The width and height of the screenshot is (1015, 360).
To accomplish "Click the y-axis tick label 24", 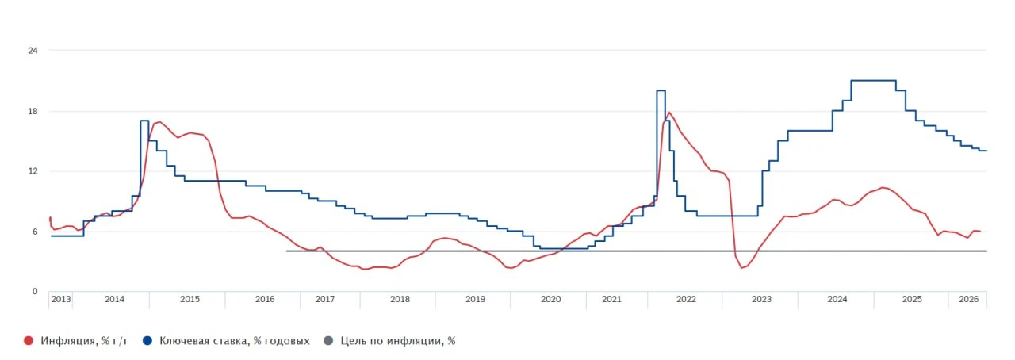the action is point(33,50).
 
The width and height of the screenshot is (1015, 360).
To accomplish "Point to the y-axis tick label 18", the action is point(33,111).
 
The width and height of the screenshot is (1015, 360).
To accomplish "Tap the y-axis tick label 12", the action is point(33,171).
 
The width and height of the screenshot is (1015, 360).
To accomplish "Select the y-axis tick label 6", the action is point(35,232).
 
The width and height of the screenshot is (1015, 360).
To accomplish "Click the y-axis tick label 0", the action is point(35,292).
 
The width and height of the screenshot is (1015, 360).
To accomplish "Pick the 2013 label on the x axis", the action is point(61,299).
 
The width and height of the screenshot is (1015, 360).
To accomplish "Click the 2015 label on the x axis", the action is point(190,299).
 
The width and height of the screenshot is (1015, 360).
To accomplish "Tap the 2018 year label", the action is point(400,299).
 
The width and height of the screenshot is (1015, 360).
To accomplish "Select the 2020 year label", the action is point(550,299).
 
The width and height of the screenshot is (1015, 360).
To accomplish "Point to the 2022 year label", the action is point(686,299).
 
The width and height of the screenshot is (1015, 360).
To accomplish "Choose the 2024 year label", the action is point(837,299).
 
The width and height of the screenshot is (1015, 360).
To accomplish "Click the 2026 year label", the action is point(968,299).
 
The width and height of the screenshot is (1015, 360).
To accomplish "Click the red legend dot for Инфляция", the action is point(29,340).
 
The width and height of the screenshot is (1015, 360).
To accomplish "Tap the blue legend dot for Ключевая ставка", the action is point(147,340).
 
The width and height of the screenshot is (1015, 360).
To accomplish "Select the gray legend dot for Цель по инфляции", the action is point(328,340).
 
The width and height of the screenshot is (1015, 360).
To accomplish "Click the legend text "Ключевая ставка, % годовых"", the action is point(234,341).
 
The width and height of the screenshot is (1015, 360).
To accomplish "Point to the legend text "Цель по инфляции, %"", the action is point(398,341).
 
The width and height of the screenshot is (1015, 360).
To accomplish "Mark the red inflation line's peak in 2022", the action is point(669,113).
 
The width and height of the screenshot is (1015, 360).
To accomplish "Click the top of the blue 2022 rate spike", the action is point(661,90).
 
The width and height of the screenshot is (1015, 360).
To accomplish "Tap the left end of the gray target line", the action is point(287,251).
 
